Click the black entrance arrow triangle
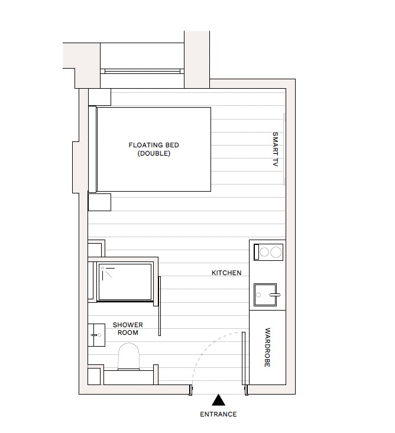(x=218, y=400)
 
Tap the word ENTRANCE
(x=218, y=415)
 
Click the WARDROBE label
(x=267, y=348)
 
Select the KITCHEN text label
(x=226, y=273)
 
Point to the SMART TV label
(x=274, y=149)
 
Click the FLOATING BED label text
(x=154, y=145)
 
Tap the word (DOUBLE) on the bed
(x=154, y=153)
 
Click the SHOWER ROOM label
(x=128, y=329)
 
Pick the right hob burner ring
(x=276, y=252)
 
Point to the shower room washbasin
(x=96, y=335)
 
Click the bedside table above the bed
(x=99, y=97)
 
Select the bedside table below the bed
(x=99, y=202)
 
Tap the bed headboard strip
(x=92, y=149)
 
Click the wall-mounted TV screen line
(x=284, y=149)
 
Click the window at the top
(x=142, y=71)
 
